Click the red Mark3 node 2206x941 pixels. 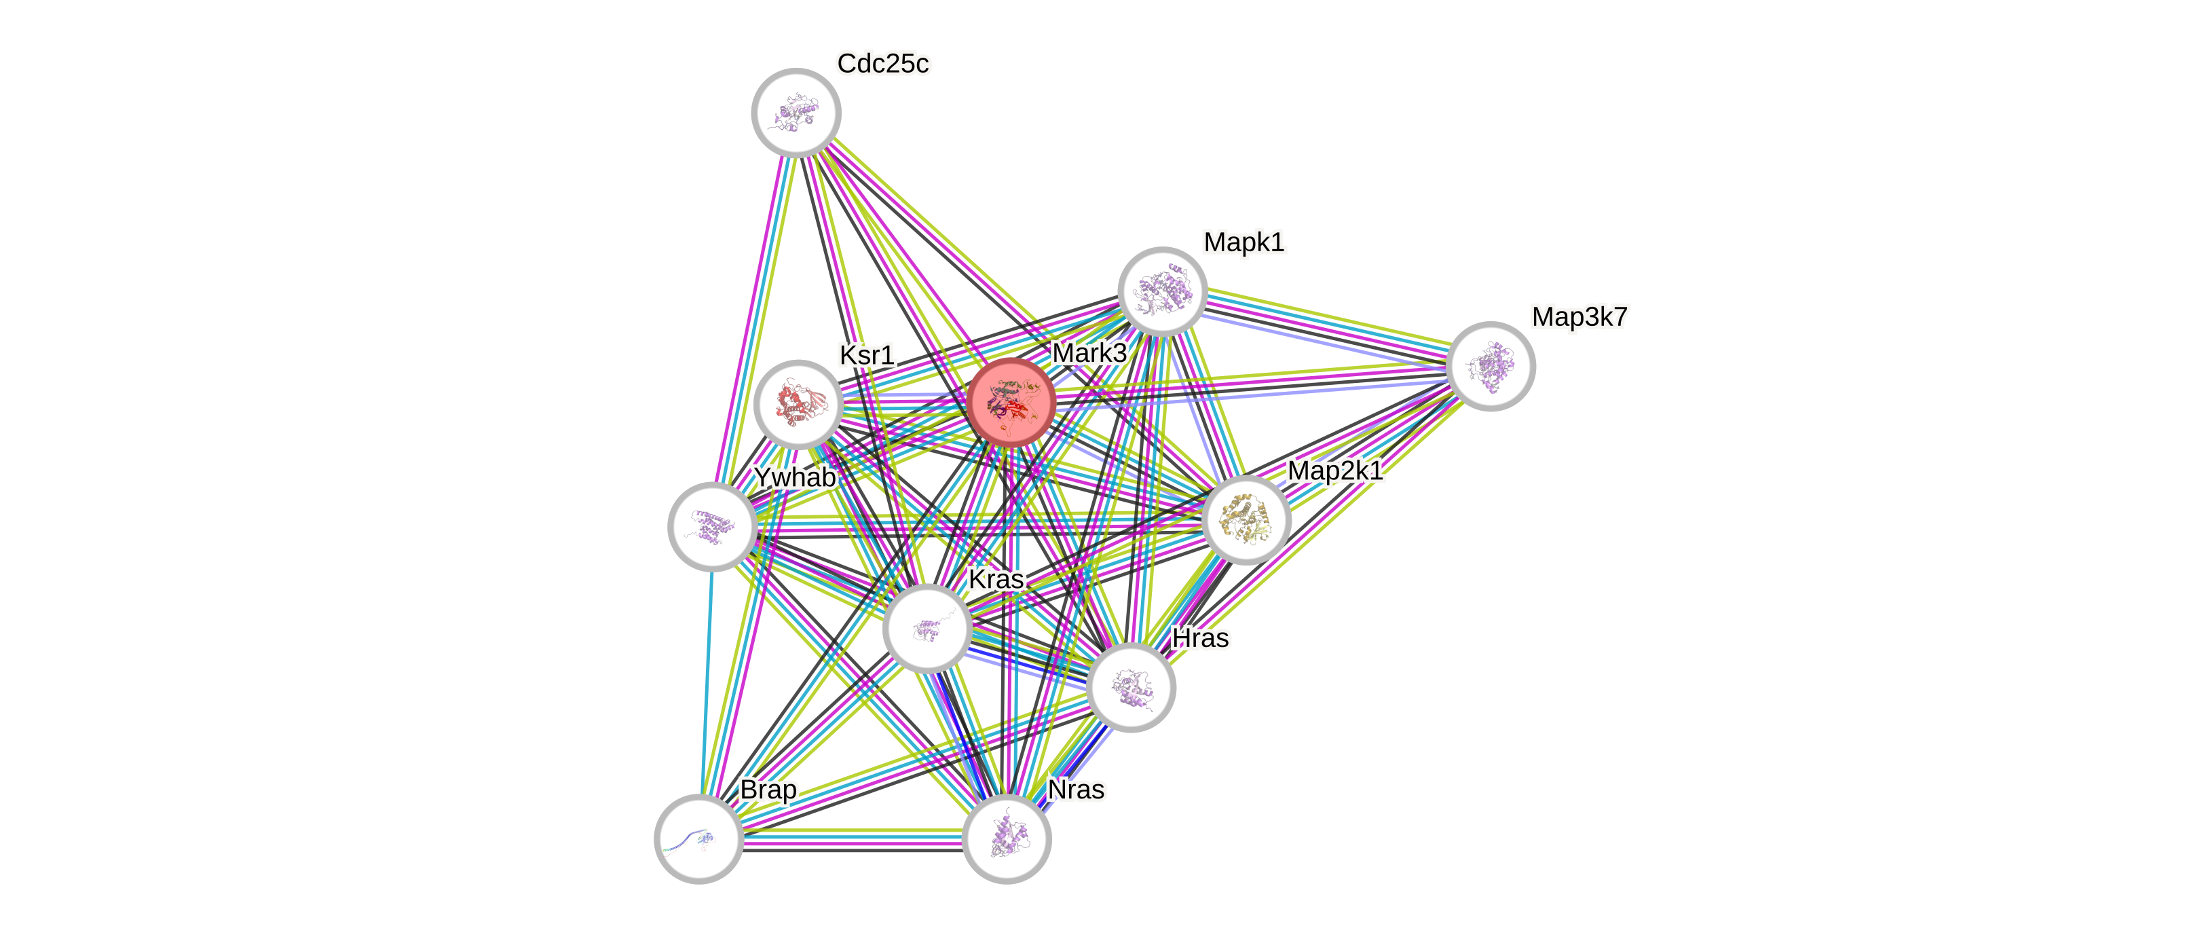point(1011,401)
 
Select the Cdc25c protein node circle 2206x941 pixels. point(796,112)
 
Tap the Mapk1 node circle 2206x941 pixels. point(1162,291)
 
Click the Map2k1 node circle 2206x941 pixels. point(1246,520)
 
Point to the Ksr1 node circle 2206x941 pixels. point(798,403)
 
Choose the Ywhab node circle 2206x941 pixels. point(711,525)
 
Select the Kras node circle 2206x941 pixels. point(927,629)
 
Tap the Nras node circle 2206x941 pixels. point(1006,838)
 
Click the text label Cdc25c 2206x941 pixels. point(883,63)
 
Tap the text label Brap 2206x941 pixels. point(768,789)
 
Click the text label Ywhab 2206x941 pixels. point(794,477)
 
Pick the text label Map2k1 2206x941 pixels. point(1335,470)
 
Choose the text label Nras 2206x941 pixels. point(1077,790)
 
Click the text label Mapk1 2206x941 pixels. point(1244,242)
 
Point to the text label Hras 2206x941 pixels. point(1201,638)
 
